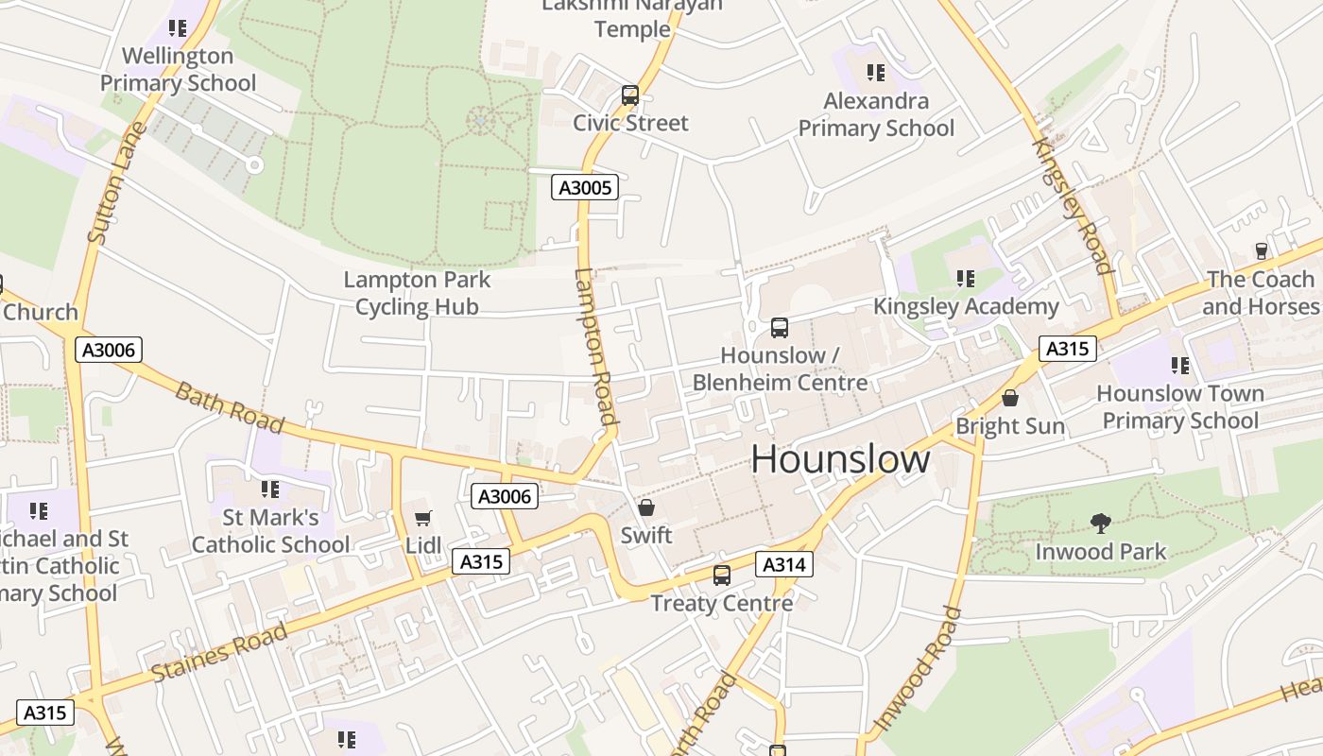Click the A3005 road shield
click(x=585, y=187)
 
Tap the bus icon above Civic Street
click(x=630, y=95)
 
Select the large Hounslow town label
click(x=840, y=459)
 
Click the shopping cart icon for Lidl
click(x=422, y=518)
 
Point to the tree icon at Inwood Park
click(x=1100, y=523)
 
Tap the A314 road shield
click(x=783, y=565)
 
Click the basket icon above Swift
click(x=646, y=507)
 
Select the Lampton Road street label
click(x=595, y=346)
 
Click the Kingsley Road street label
click(x=1073, y=205)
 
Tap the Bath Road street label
click(x=230, y=406)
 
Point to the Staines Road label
click(x=219, y=652)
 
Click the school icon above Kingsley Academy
click(x=965, y=278)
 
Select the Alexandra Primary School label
click(x=876, y=114)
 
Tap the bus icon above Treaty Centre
click(x=722, y=575)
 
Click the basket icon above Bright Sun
click(x=1010, y=398)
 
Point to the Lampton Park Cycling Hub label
click(x=417, y=293)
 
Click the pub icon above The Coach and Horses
click(x=1261, y=251)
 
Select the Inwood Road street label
click(x=918, y=668)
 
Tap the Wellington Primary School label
click(x=178, y=69)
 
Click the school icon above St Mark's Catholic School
click(x=270, y=490)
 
